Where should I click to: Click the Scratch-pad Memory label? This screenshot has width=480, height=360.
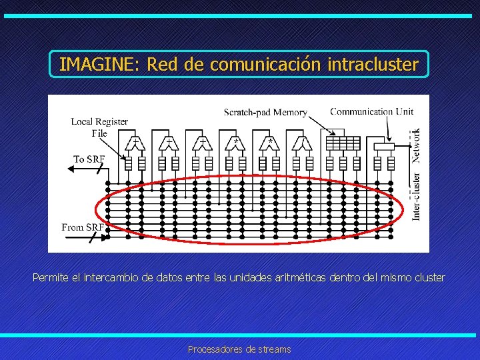click(265, 113)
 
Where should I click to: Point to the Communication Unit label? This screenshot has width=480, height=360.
click(371, 111)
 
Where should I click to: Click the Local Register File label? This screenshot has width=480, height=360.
click(99, 127)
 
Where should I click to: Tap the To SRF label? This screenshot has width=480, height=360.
click(89, 159)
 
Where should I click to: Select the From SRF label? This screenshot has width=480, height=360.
click(83, 227)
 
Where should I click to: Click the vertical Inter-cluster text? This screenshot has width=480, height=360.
click(417, 197)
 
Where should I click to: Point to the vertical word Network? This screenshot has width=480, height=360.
click(417, 145)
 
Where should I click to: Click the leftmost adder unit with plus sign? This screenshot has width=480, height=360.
click(135, 143)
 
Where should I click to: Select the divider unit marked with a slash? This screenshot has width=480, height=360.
click(303, 143)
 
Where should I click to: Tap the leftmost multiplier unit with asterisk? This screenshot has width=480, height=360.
click(236, 143)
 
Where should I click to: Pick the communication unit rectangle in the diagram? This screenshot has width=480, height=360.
click(383, 145)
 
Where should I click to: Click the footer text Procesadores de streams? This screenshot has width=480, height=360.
click(239, 349)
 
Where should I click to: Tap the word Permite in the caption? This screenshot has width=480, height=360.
click(50, 277)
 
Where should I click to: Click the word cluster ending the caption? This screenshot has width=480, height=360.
click(428, 277)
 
